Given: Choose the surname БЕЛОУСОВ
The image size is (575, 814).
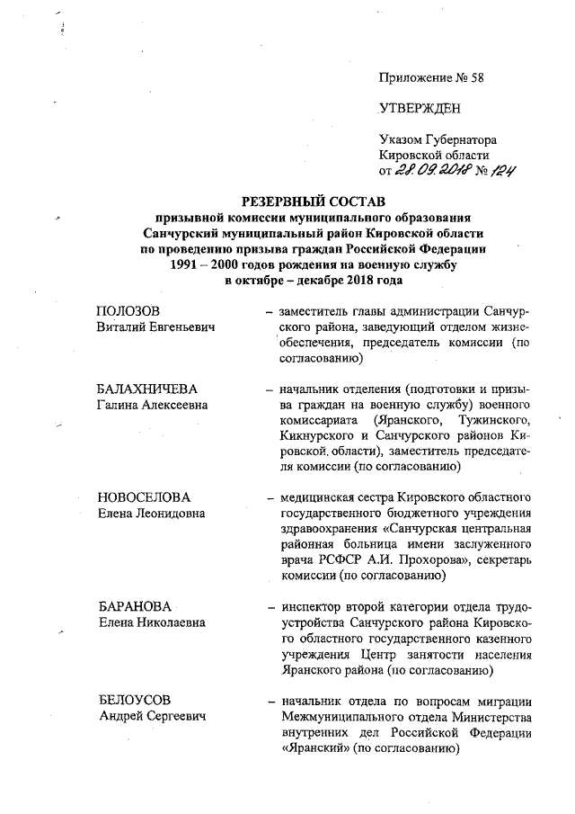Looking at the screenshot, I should (134, 700).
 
